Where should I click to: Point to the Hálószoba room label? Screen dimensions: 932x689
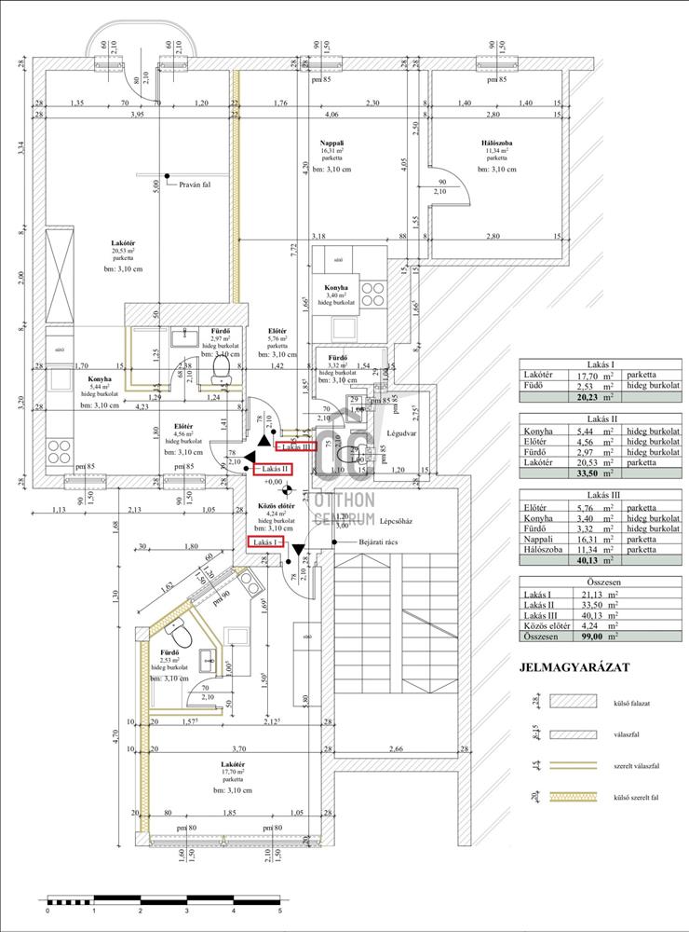pos(494,141)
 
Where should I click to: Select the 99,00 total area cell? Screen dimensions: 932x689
pos(597,637)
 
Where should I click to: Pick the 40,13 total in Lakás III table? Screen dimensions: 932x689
pos(597,561)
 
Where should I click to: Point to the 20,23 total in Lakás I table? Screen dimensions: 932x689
pos(597,394)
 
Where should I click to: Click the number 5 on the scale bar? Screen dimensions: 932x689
pos(279,911)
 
